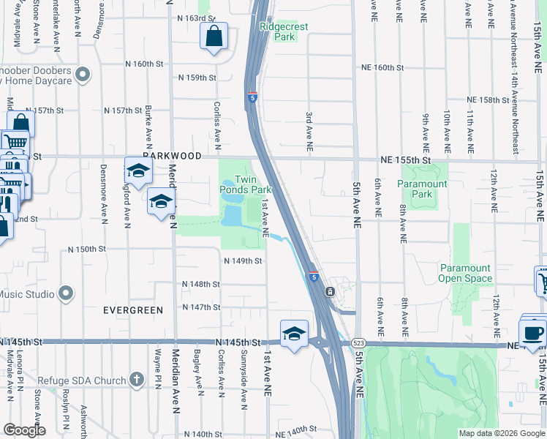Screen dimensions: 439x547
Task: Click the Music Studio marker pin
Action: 66,294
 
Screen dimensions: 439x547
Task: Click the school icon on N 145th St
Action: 293,334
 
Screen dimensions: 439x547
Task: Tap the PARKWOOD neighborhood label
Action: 172,157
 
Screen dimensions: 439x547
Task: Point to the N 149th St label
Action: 243,260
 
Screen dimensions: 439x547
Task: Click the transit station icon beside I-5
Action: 331,291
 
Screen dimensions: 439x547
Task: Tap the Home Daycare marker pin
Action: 83,74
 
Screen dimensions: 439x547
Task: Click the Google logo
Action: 24,430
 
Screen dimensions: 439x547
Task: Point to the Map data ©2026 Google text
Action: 501,433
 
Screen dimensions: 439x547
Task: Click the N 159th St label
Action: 197,78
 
